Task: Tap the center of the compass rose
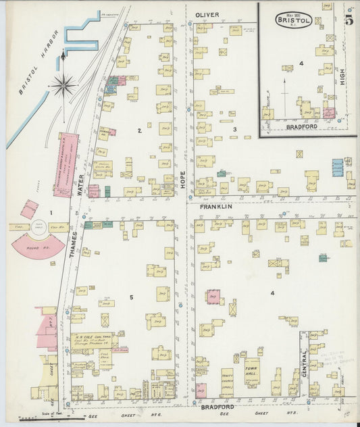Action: (x=63, y=84)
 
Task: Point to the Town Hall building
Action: (x=253, y=371)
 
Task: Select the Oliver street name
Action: (x=208, y=14)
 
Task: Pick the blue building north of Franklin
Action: (x=337, y=166)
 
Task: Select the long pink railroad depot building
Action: (x=66, y=165)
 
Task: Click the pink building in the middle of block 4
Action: (x=213, y=296)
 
